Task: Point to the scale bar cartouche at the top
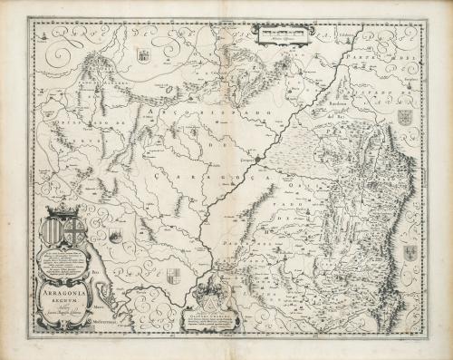tap(281, 35)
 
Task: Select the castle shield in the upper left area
tap(143, 56)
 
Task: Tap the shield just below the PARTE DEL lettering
tap(405, 118)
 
